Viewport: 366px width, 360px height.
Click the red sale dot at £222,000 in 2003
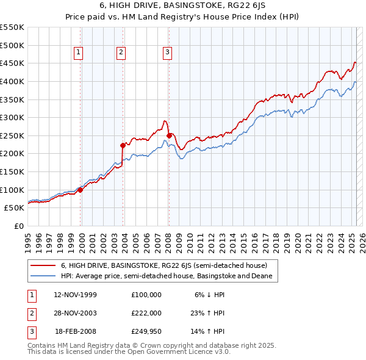123,145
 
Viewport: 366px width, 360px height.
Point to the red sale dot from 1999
80,190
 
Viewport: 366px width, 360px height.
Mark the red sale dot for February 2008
168,135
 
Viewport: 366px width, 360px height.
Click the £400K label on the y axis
12,81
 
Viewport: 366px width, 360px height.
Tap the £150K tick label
12,171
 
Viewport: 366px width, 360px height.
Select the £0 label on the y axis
18,226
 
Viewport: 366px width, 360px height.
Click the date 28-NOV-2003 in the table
76,313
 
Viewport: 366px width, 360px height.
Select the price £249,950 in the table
146,332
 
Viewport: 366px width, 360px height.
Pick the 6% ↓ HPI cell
210,294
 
